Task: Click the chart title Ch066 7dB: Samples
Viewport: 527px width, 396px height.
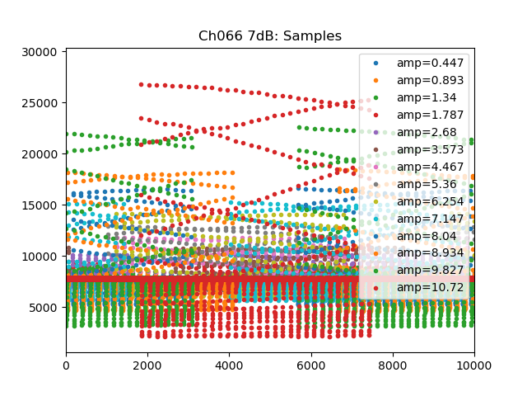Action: tap(269, 36)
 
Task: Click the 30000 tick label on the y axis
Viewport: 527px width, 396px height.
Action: tap(41, 52)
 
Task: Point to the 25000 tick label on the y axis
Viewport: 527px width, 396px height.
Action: tap(41, 103)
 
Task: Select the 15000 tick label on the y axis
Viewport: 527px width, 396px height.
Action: tap(41, 205)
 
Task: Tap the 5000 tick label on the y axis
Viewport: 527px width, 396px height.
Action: tap(44, 308)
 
